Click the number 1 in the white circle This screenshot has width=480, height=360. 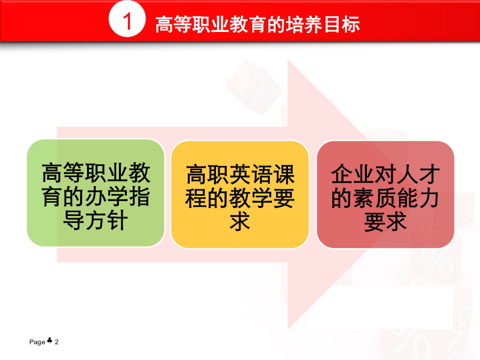[x=127, y=21]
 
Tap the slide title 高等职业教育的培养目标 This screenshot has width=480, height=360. [x=258, y=25]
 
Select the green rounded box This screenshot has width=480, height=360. [x=96, y=193]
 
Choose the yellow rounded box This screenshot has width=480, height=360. [x=240, y=194]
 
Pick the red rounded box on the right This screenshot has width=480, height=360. [x=386, y=194]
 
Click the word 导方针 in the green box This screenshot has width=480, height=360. [x=95, y=221]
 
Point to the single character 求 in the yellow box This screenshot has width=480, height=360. [x=240, y=222]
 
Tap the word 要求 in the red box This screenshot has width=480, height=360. [x=386, y=222]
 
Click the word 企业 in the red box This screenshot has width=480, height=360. [x=353, y=174]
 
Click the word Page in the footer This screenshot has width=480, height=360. [x=37, y=342]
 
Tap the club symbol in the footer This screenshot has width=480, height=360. [x=50, y=340]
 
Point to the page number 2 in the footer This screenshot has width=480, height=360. [x=57, y=342]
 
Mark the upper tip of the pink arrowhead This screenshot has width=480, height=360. [x=288, y=60]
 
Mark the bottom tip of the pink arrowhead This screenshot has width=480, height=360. [x=288, y=330]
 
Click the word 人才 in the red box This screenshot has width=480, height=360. [x=418, y=174]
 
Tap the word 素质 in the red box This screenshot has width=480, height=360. [x=374, y=198]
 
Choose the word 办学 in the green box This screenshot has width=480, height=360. [x=107, y=197]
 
